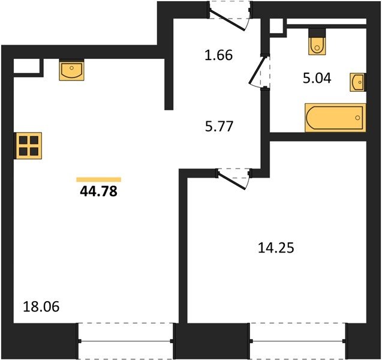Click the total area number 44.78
99,191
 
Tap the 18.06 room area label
41,307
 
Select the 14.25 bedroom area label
276,248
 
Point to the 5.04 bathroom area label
317,79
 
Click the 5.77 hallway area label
219,127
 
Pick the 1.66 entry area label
219,55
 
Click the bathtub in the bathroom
335,118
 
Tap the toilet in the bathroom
317,41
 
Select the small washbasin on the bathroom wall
358,82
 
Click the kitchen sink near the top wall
71,70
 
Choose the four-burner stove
28,146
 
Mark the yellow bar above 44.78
99,179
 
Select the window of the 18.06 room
126,341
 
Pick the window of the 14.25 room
298,341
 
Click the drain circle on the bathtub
357,118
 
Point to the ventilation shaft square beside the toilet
276,26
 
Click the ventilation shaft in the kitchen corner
26,66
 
